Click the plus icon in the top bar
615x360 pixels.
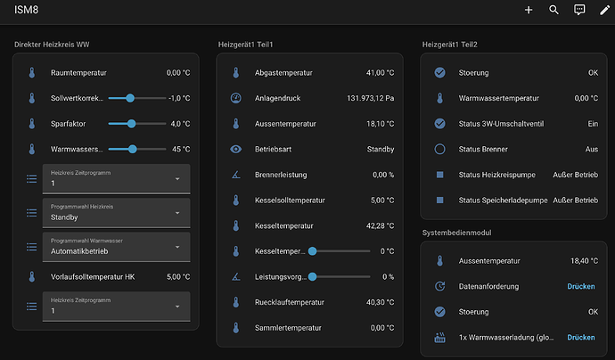(529, 10)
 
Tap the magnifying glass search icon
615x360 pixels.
(553, 10)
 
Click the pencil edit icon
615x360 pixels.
(605, 10)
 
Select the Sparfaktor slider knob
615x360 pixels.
(131, 124)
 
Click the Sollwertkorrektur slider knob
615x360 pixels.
(130, 98)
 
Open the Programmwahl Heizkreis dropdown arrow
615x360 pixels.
(177, 213)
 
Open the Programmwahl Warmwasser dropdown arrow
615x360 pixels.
(177, 247)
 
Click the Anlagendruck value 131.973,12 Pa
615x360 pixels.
(370, 98)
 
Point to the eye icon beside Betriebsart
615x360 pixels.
(235, 149)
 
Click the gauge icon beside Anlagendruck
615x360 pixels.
(235, 98)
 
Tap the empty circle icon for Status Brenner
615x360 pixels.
(439, 149)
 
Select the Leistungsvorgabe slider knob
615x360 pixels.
(312, 277)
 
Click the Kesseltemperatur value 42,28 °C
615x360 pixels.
(380, 225)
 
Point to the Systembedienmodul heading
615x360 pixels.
(456, 233)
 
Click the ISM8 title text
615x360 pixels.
(26, 10)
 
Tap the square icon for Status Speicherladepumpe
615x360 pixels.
(439, 200)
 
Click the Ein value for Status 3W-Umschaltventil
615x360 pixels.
(593, 124)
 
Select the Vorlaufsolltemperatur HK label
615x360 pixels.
(93, 277)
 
